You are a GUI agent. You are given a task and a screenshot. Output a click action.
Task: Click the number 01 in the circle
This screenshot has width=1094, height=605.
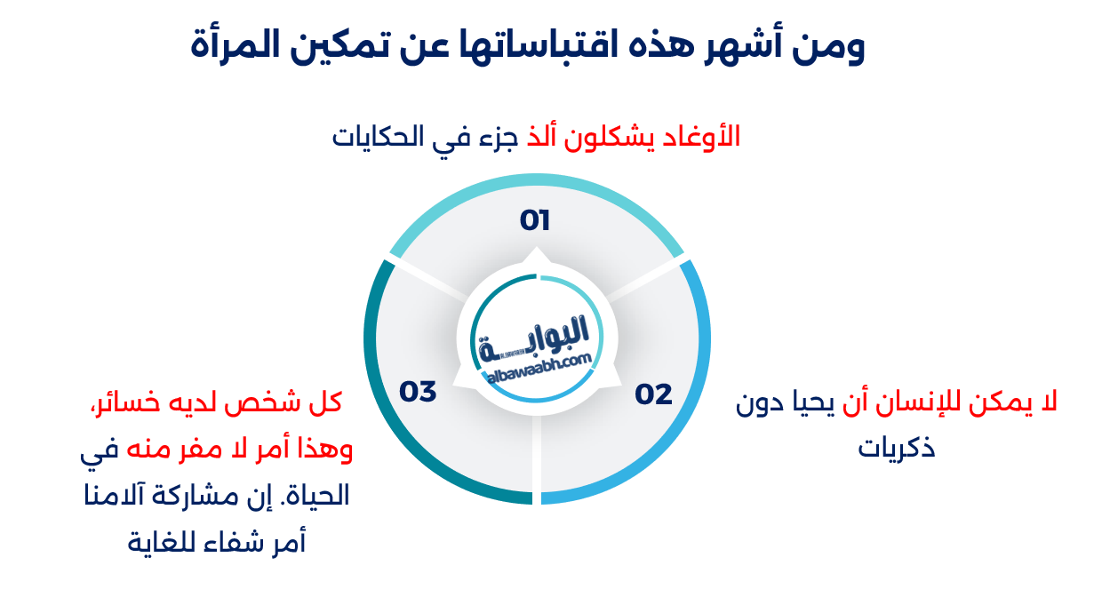(x=535, y=220)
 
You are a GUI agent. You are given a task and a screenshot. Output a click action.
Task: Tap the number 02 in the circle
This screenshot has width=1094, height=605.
(x=653, y=394)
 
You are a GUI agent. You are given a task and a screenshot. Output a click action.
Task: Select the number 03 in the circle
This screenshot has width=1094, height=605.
(x=418, y=392)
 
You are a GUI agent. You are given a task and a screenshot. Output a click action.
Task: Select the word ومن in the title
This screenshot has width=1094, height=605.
(x=833, y=45)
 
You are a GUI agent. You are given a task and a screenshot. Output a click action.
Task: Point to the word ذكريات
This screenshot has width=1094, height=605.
(x=897, y=447)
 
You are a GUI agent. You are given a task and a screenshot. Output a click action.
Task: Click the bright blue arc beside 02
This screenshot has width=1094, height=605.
(x=693, y=400)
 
